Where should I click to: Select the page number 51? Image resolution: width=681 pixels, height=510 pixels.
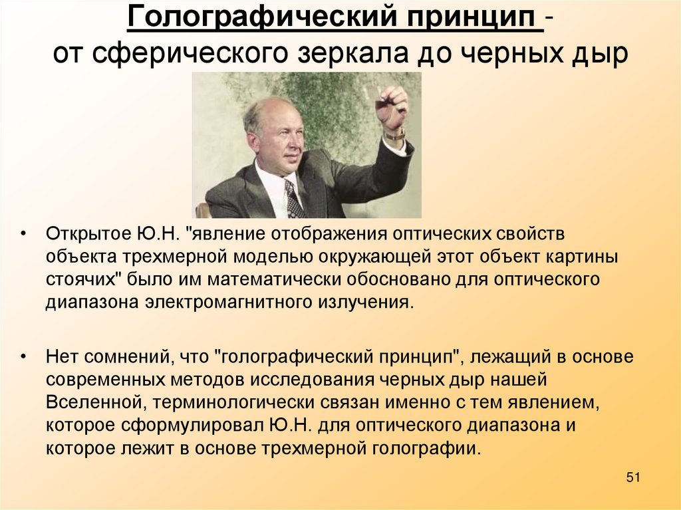coord(632,478)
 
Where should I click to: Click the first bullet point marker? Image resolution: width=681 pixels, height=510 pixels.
coord(24,235)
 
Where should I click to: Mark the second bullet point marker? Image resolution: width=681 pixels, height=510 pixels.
coord(24,357)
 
